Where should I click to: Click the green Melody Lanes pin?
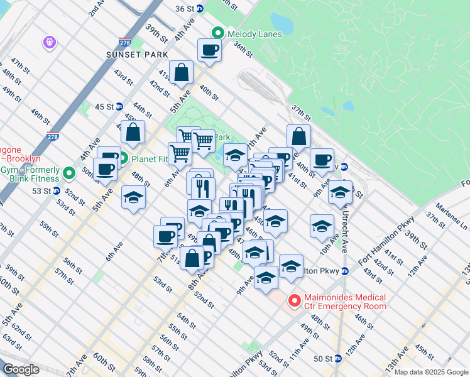click(x=218, y=33)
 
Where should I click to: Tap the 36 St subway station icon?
click(x=200, y=8)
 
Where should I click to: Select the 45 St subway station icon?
click(x=119, y=106)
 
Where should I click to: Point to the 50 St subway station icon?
click(x=338, y=358)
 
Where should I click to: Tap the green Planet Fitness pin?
click(x=124, y=158)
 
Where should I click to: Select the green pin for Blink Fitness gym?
click(x=68, y=172)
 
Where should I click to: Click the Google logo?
click(x=21, y=369)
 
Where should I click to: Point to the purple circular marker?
click(x=50, y=42)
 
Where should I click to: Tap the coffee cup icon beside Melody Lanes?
click(x=209, y=50)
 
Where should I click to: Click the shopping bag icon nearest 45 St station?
click(x=133, y=132)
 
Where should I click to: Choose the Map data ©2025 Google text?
click(x=430, y=372)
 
